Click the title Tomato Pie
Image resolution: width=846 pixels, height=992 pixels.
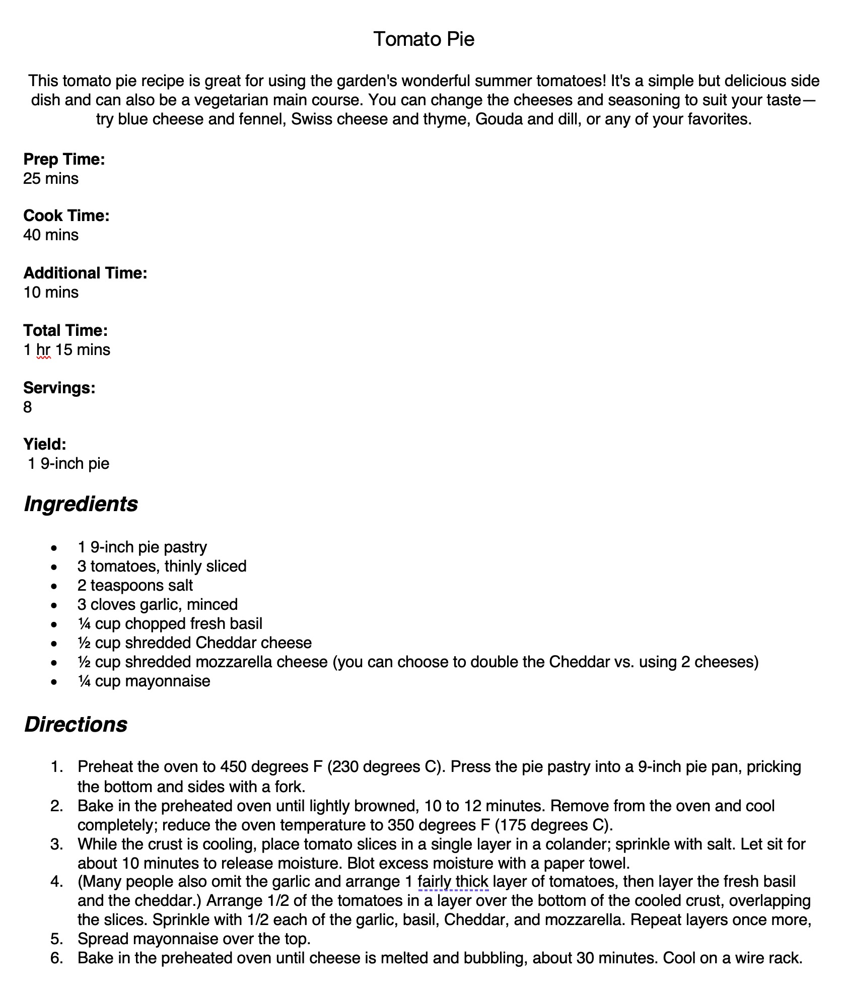point(424,39)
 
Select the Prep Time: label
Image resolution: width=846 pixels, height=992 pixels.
point(64,159)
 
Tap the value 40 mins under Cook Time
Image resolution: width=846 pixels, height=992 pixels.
point(51,235)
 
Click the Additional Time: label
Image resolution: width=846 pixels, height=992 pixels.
point(85,273)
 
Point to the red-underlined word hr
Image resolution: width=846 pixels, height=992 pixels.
point(43,349)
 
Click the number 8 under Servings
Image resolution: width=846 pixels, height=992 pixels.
point(28,407)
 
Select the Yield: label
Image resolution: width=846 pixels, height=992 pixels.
point(45,444)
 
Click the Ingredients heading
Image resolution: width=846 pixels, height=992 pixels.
point(81,504)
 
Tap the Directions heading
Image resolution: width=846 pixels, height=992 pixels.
point(76,724)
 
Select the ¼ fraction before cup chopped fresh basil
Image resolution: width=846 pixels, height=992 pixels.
point(84,623)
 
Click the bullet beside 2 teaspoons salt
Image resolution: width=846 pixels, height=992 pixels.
point(54,586)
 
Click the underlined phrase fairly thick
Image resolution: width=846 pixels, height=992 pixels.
point(453,881)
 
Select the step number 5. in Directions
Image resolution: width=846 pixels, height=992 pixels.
point(57,939)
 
